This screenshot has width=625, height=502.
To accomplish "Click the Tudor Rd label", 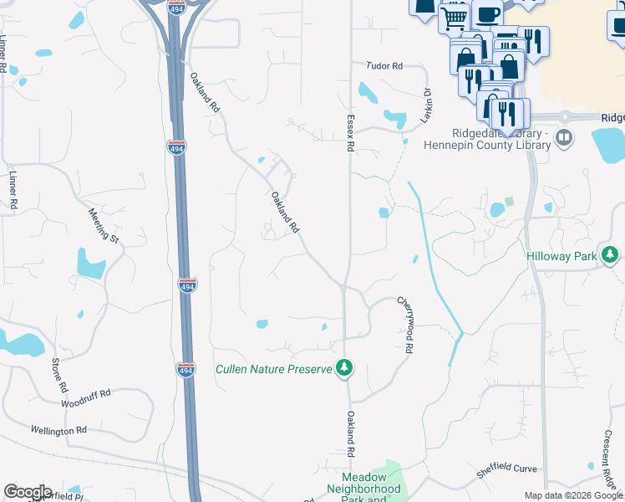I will [x=384, y=65].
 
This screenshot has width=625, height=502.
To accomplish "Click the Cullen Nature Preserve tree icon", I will [x=343, y=367].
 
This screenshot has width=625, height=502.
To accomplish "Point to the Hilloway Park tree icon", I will [x=612, y=254].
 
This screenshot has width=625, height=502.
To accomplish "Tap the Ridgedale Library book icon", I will [x=564, y=137].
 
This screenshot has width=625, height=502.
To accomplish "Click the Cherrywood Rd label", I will [x=405, y=325].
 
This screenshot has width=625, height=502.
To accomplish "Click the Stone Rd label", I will [x=58, y=376].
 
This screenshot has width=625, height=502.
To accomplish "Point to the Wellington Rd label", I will [x=59, y=430].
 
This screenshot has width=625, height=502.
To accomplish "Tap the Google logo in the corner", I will [x=28, y=492].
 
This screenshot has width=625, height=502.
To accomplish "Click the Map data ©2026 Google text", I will [x=574, y=495].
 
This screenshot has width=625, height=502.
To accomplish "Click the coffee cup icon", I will [x=487, y=13].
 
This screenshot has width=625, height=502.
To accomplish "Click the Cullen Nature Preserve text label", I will [x=274, y=369].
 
